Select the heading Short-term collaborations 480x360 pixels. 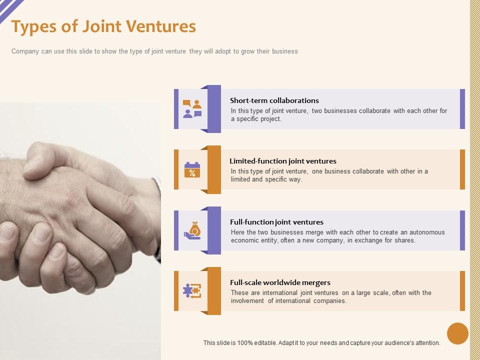(x=274, y=100)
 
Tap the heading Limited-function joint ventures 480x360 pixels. (x=283, y=161)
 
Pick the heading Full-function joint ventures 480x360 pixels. (x=276, y=222)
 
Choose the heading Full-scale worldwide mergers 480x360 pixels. (x=280, y=282)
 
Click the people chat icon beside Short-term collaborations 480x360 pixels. (x=192, y=109)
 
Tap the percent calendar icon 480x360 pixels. (x=192, y=170)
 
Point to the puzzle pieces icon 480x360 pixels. (x=192, y=291)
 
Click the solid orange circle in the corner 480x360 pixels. (x=457, y=333)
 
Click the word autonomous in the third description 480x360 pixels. (x=427, y=232)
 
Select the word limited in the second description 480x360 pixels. (x=240, y=179)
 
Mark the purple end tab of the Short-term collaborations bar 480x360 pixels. (x=462, y=109)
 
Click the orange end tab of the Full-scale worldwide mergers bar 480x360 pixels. (x=462, y=291)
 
